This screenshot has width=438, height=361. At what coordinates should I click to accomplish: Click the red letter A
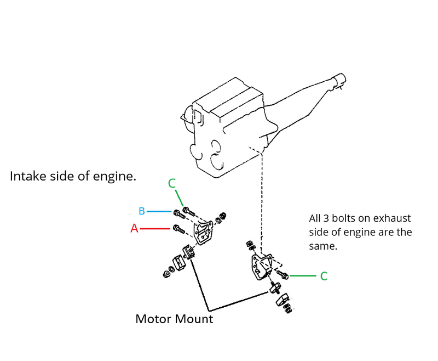[134, 229]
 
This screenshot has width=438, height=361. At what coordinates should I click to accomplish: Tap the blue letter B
[141, 211]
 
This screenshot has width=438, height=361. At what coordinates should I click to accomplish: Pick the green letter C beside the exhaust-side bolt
[324, 277]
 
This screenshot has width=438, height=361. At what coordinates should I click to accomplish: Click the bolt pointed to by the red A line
[177, 228]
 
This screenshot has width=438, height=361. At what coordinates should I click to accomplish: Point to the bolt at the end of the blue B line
[177, 212]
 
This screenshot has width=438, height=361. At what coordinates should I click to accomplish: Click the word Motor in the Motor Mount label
[153, 319]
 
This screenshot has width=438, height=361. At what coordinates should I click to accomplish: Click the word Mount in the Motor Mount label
[194, 319]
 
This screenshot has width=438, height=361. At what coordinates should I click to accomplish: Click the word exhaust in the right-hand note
[392, 218]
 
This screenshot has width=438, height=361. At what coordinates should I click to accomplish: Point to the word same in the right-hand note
[323, 246]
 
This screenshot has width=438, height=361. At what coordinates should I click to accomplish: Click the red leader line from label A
[157, 228]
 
